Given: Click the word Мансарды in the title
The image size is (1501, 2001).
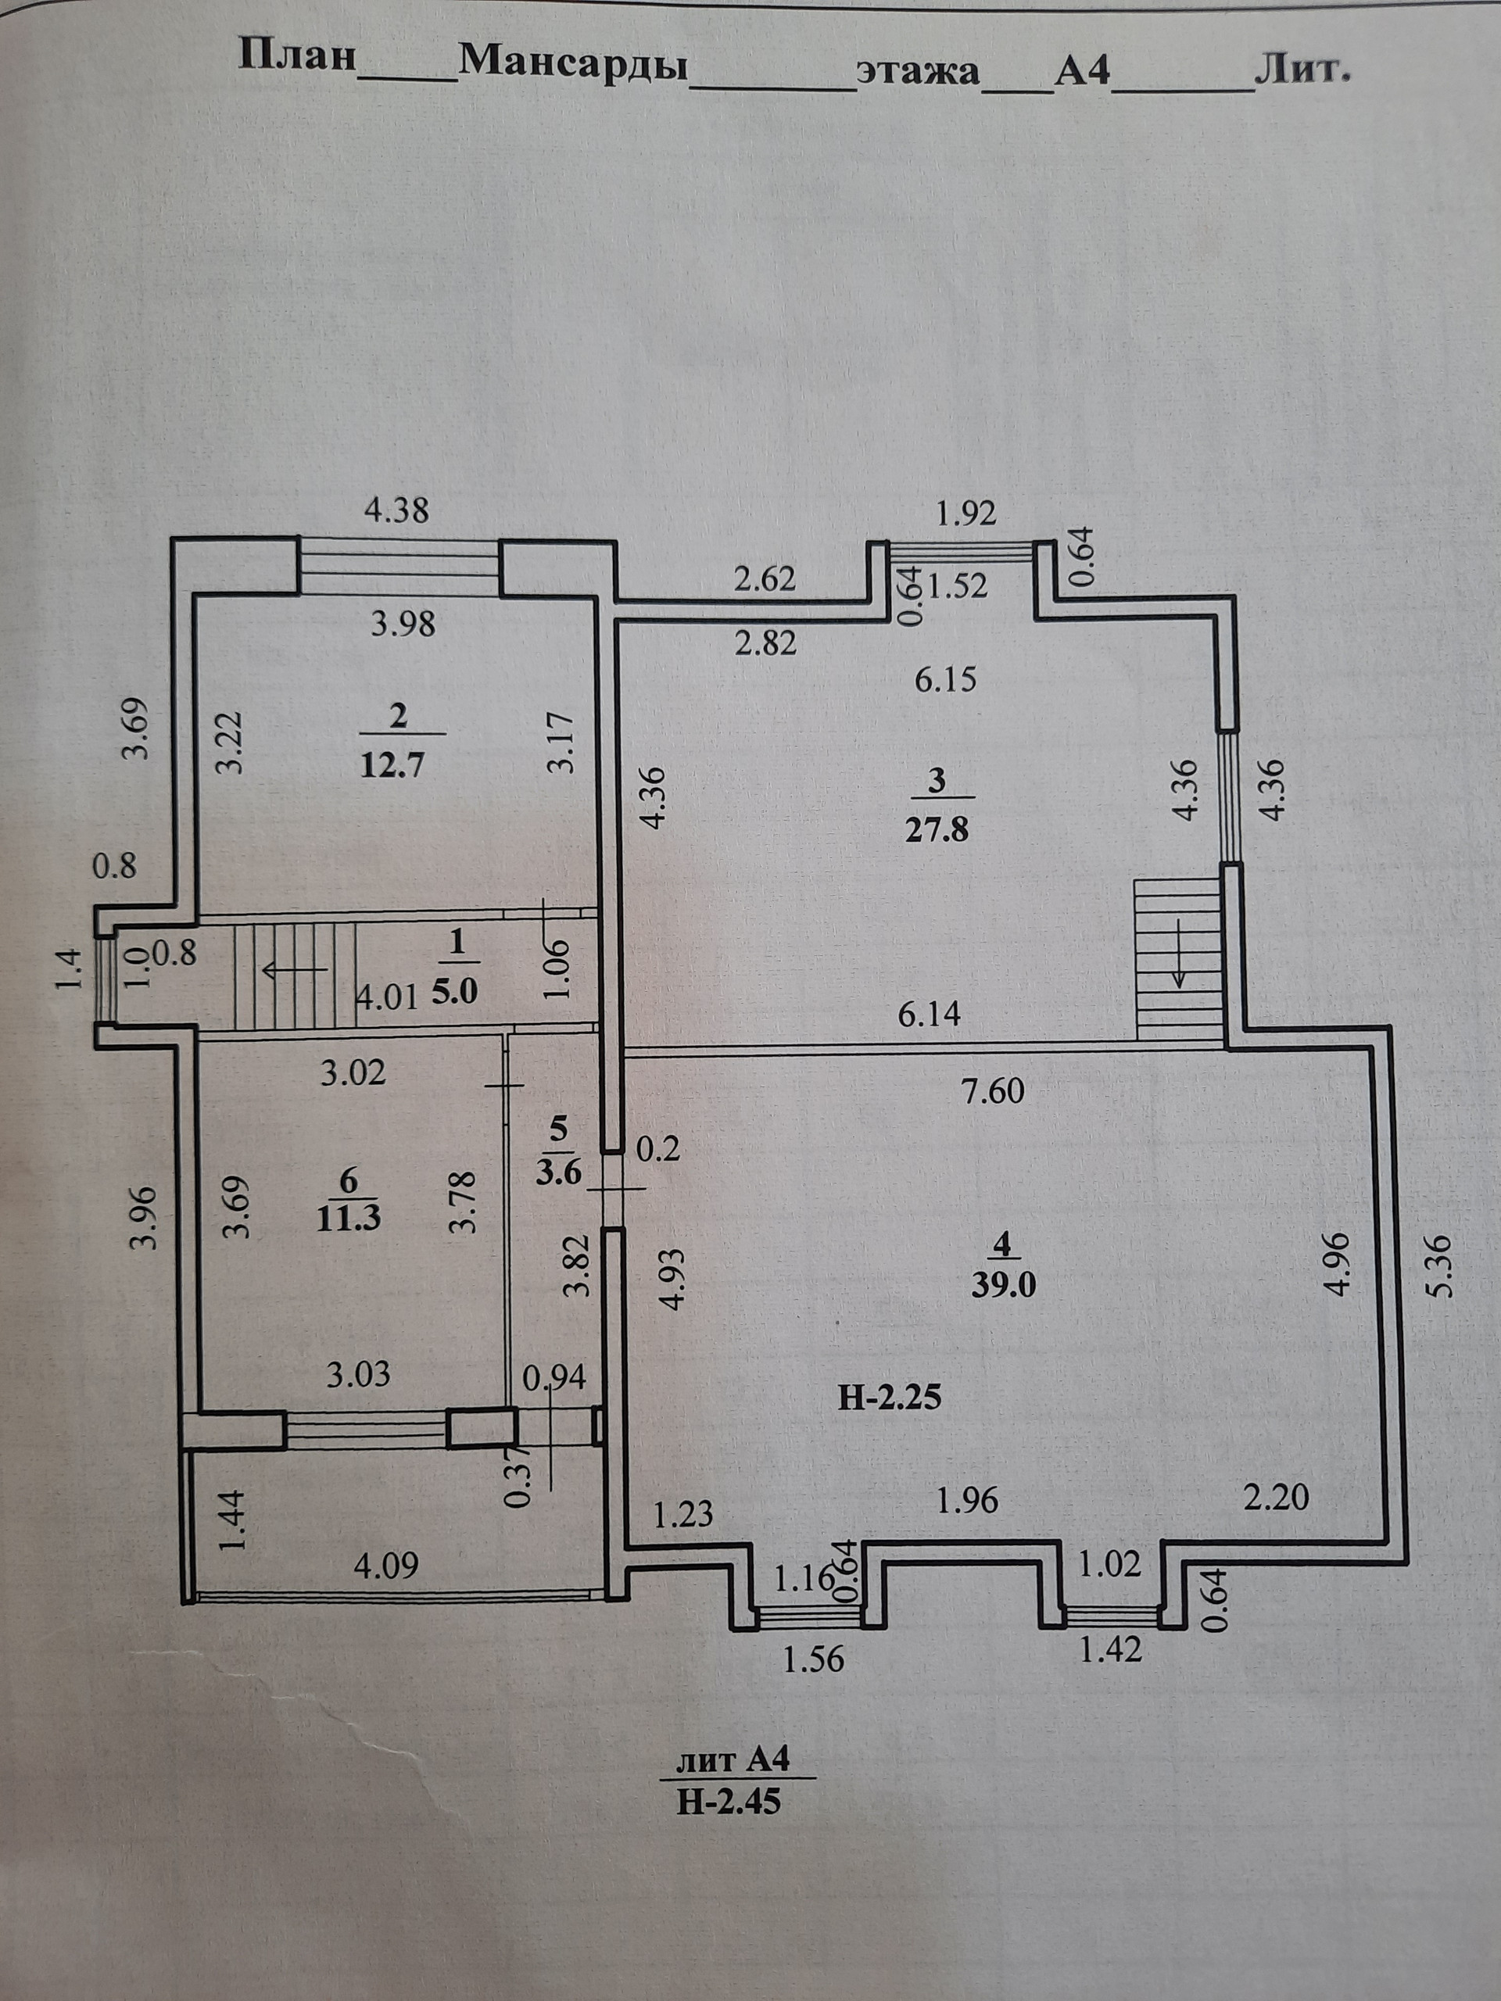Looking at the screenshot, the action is (x=574, y=63).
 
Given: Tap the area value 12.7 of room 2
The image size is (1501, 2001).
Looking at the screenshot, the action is (x=392, y=765).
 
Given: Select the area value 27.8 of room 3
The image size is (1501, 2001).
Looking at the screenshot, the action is (x=937, y=829).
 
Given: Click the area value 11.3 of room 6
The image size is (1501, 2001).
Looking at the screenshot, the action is (x=349, y=1218).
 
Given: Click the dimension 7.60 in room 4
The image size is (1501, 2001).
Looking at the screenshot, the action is (x=993, y=1091).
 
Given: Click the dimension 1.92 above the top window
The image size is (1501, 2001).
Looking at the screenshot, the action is (x=965, y=514).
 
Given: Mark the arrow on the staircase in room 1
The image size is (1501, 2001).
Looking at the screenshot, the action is (x=293, y=971).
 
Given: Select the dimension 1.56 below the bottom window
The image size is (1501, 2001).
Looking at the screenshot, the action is (x=812, y=1660).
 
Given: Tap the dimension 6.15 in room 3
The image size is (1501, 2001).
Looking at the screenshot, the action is (x=945, y=679).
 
